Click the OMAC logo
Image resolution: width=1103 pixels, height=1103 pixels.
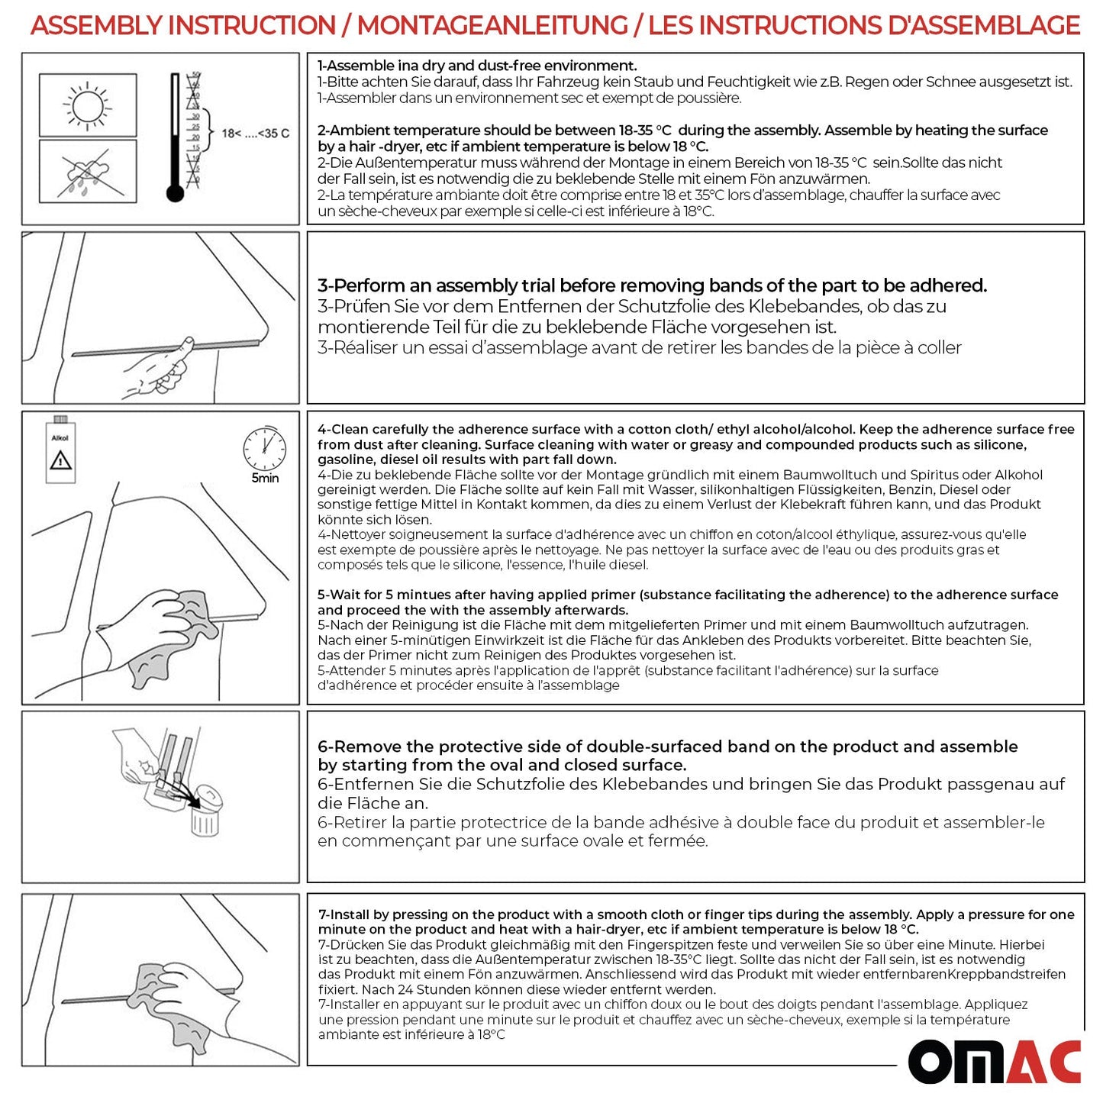[994, 1062]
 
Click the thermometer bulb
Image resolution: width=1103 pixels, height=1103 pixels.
[175, 193]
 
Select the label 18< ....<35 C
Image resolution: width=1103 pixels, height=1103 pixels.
[255, 134]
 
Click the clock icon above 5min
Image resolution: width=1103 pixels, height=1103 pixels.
[264, 448]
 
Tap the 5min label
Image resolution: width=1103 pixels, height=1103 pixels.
[265, 479]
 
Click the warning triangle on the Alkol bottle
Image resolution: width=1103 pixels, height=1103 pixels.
[60, 460]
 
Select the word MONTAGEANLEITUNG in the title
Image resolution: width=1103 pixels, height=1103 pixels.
[492, 25]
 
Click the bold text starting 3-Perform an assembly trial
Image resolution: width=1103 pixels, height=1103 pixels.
[652, 285]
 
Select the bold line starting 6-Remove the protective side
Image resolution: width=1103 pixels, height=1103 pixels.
[667, 747]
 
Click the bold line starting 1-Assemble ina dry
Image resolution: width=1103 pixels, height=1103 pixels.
[477, 66]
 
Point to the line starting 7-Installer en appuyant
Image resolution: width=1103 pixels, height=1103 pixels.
[672, 1005]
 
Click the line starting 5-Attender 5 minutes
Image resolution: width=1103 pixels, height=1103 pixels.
[627, 670]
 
